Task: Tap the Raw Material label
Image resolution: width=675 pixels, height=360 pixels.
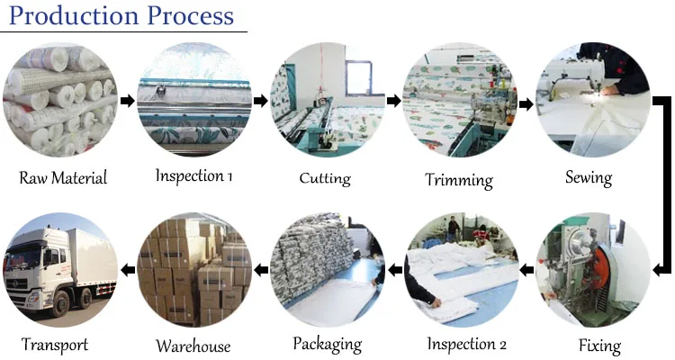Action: click(x=63, y=177)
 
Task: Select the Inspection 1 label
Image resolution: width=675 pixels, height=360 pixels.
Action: click(x=193, y=175)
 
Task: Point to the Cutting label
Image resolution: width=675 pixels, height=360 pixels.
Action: click(x=325, y=177)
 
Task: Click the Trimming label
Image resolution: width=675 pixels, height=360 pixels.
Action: click(x=459, y=179)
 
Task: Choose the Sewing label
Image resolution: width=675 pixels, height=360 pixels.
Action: click(x=589, y=176)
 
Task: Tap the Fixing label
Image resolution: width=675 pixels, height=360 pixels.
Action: click(x=598, y=346)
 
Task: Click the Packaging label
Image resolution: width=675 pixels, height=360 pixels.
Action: click(x=328, y=344)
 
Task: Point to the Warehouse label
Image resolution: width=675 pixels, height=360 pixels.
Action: click(x=193, y=346)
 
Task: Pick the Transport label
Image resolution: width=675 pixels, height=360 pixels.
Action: click(x=55, y=345)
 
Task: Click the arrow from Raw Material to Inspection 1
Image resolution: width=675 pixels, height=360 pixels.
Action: click(x=127, y=101)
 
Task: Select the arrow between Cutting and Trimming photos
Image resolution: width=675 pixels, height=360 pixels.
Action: click(x=393, y=101)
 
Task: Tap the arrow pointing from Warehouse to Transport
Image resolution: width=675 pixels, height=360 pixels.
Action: click(x=127, y=269)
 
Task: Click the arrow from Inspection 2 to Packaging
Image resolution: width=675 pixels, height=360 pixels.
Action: click(x=393, y=269)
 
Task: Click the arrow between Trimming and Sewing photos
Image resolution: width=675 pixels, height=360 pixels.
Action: click(x=526, y=103)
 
